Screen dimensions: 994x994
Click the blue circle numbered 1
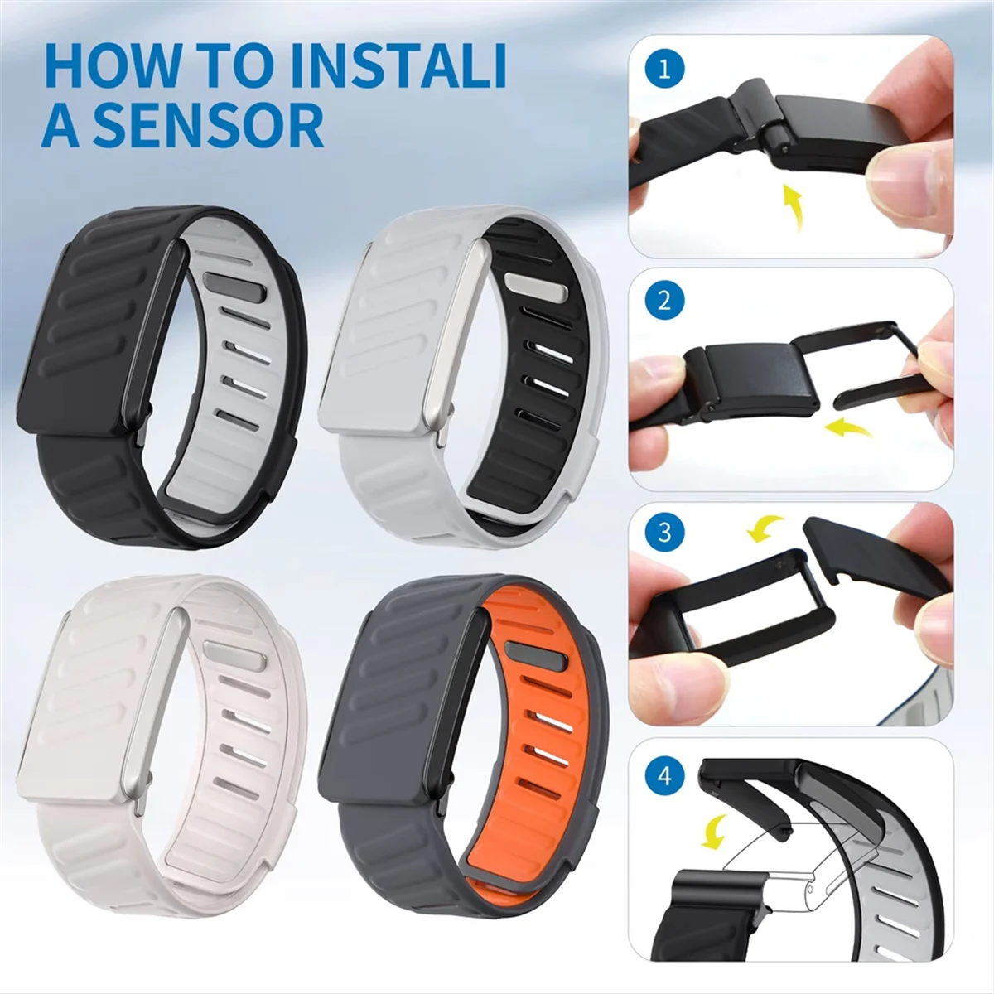tap(663, 69)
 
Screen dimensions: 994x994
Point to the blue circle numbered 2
tap(663, 300)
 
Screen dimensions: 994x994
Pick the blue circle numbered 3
tap(664, 531)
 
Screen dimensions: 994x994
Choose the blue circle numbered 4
tap(664, 777)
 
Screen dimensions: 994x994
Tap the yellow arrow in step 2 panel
tap(853, 427)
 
